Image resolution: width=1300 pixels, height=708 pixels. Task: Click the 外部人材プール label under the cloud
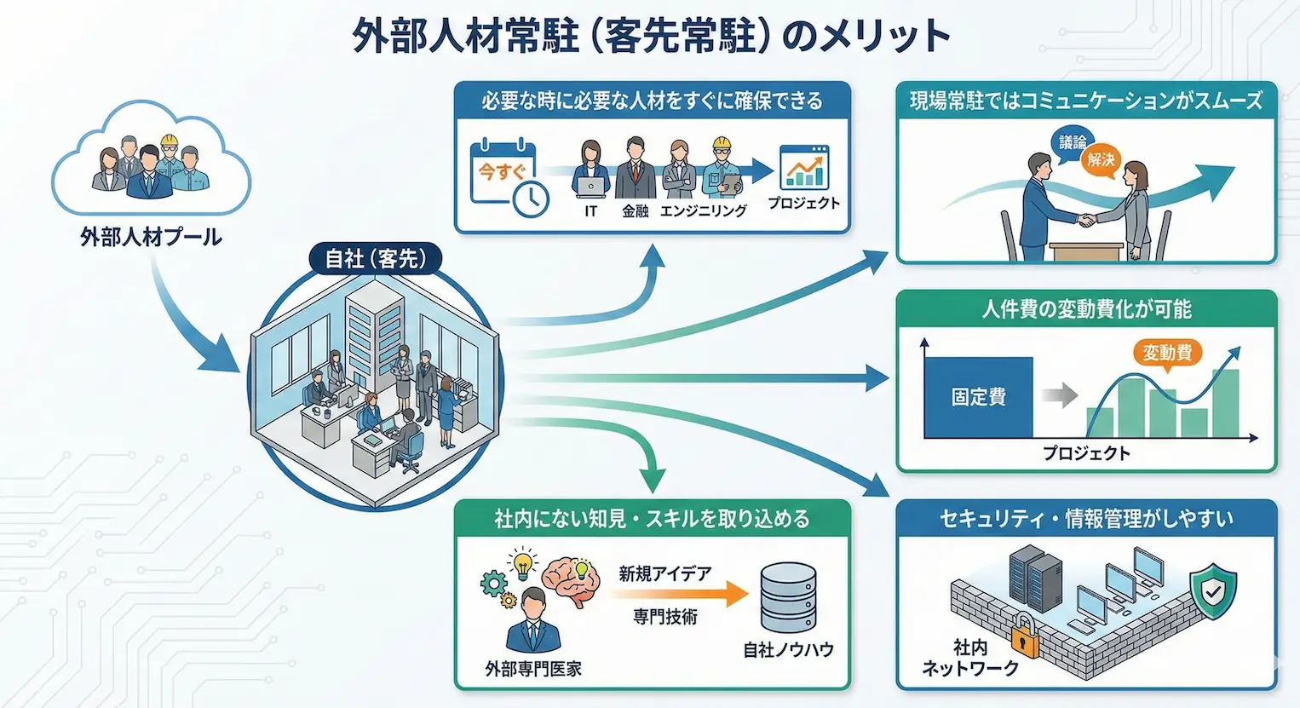151,238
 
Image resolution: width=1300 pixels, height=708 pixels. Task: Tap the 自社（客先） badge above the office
375,258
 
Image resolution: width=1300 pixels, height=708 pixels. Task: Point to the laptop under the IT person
590,186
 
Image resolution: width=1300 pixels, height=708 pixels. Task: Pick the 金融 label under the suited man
635,211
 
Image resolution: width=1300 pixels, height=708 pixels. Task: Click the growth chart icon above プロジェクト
804,167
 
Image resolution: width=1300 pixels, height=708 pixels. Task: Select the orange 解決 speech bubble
1101,159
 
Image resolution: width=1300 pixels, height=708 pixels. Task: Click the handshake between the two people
1085,221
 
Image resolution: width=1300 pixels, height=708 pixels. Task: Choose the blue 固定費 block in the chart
978,397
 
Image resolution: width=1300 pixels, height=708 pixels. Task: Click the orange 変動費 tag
1166,353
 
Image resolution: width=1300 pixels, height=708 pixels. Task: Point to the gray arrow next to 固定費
1059,395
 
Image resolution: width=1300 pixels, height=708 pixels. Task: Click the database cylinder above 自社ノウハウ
788,597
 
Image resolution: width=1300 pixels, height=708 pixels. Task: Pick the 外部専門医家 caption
533,670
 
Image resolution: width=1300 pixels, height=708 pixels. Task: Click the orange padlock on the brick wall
1025,636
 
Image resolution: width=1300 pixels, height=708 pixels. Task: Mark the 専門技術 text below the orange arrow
665,617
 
